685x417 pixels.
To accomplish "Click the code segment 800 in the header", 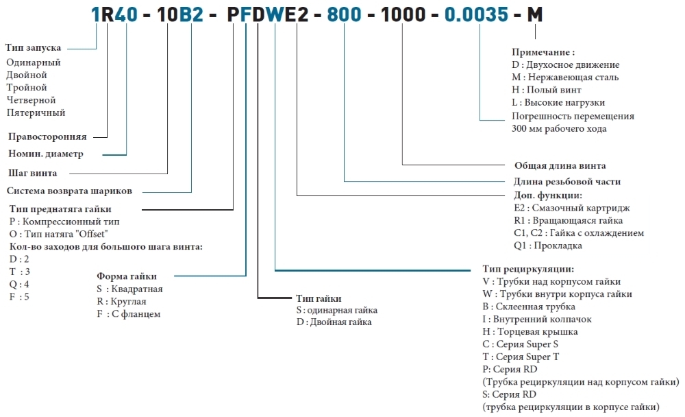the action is (x=345, y=14).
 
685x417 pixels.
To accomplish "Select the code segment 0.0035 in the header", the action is (x=476, y=14).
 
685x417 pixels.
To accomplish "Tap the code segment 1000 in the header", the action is (x=403, y=14).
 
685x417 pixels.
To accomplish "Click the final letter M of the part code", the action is (x=535, y=14).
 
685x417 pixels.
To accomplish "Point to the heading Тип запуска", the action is (x=33, y=48).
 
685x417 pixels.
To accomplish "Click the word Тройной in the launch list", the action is (x=27, y=88).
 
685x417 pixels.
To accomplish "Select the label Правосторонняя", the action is (x=47, y=136).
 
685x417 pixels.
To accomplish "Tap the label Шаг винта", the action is (x=32, y=173).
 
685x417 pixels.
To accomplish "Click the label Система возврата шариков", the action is (x=69, y=191).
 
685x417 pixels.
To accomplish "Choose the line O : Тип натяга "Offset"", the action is (x=58, y=234).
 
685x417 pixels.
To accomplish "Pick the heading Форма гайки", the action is (x=127, y=276).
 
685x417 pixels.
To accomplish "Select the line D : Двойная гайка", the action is (x=334, y=322).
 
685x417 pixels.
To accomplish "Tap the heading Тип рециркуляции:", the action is (x=528, y=269).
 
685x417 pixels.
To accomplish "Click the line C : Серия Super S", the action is (x=521, y=344).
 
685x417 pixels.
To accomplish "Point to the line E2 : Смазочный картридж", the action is (x=572, y=208).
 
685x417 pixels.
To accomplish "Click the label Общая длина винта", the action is (x=560, y=165).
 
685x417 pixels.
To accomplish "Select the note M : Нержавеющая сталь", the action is (x=565, y=77).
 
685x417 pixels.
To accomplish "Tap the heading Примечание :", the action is (x=543, y=52).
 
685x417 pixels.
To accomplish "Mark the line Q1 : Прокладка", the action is (x=548, y=246).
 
